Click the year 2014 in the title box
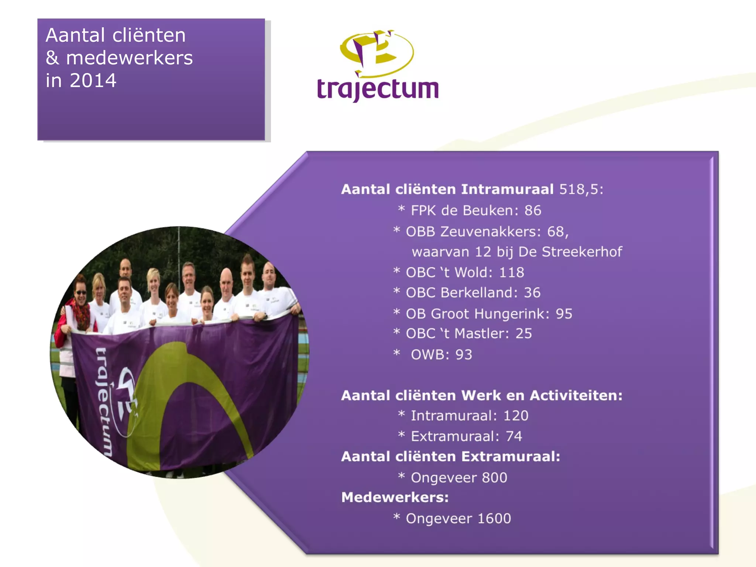pos(93,80)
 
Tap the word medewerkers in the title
pos(129,58)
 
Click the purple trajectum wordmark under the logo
pos(378,89)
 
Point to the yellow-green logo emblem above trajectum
pos(377,52)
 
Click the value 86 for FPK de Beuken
pos(533,210)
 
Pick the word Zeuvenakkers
pos(490,232)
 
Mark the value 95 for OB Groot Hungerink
pos(564,314)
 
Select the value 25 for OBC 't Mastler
pos(523,334)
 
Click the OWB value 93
pos(464,355)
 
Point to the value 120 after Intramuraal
pos(516,416)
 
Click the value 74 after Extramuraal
pos(514,436)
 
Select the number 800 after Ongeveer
pos(494,478)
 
